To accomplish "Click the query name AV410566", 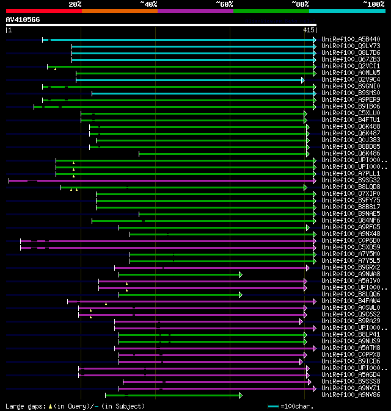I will click(23, 20).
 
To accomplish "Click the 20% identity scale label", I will click(75, 4).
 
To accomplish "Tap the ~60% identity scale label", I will click(224, 4).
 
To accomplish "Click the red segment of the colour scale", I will click(43, 11).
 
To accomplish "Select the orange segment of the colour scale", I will click(119, 11).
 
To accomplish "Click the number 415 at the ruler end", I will click(308, 29).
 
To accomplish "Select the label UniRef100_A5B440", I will click(350, 40).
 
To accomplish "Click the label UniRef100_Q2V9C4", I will click(350, 79).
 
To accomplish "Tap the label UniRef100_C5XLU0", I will click(350, 113).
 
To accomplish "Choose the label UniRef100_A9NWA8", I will click(350, 274).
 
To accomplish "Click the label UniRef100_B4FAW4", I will click(350, 301).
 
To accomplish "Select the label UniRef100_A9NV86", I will click(350, 395).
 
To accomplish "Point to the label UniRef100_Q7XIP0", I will click(350, 194).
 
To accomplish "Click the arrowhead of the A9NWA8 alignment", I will click(241, 274).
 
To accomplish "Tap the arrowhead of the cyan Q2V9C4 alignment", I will click(302, 80).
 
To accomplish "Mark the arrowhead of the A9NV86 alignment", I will click(241, 395).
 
